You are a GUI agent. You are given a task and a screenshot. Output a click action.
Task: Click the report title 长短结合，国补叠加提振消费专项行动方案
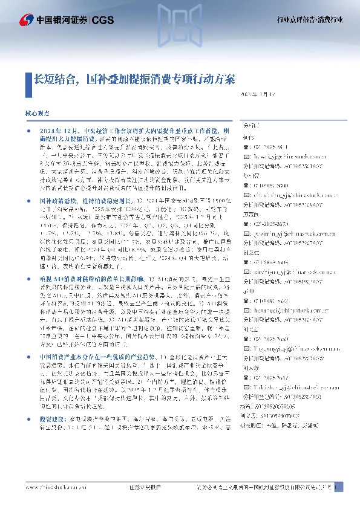point(134,79)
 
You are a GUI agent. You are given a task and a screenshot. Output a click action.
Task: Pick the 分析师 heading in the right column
point(249,127)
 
